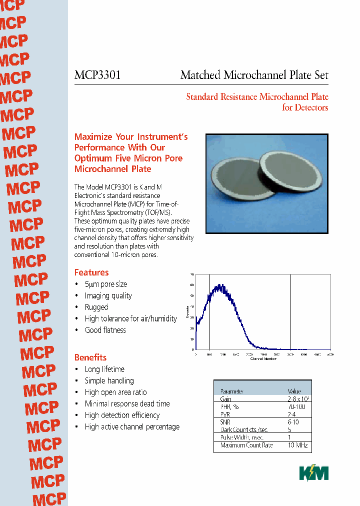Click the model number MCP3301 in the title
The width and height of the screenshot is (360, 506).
97,75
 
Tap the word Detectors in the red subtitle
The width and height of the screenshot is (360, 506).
311,107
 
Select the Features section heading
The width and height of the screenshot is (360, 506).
91,272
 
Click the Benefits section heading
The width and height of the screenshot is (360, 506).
90,357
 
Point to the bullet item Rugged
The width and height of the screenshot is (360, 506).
96,307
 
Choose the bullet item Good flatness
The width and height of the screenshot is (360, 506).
105,330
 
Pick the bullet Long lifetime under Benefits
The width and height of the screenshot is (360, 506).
104,369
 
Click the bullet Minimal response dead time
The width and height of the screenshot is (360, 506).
127,403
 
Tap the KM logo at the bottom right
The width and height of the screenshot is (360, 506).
313,472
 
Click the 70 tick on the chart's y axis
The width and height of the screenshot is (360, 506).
192,274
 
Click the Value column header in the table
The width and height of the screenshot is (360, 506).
294,391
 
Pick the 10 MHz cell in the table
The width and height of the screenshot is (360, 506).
297,445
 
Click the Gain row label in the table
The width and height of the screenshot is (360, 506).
225,399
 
